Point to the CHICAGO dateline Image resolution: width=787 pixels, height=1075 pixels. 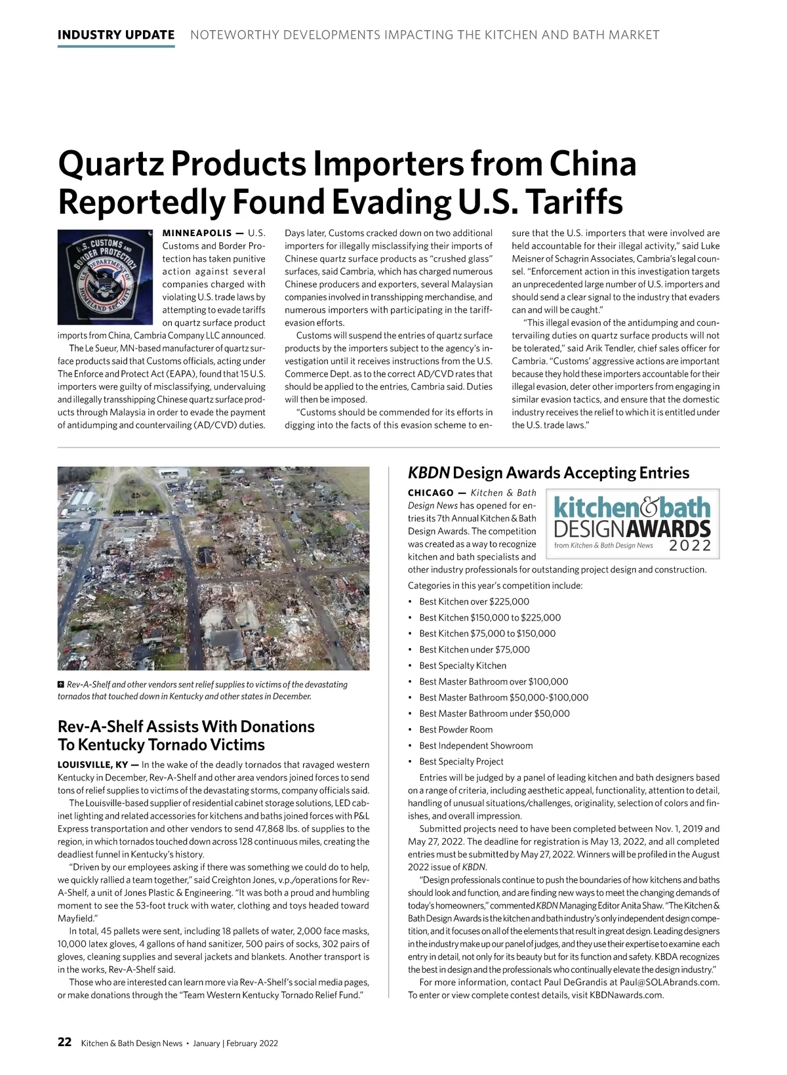pyautogui.click(x=430, y=493)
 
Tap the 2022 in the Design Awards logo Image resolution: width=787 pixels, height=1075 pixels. pyautogui.click(x=691, y=546)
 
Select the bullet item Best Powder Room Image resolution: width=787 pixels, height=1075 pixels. pyautogui.click(x=456, y=729)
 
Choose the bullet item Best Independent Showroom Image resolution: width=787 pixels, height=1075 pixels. pyautogui.click(x=476, y=746)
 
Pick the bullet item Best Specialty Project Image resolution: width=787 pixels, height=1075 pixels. pyautogui.click(x=462, y=761)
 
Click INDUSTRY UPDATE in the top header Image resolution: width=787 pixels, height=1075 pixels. pyautogui.click(x=116, y=35)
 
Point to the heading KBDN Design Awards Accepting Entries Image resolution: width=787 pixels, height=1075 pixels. pyautogui.click(x=548, y=473)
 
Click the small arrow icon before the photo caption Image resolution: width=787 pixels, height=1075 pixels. pyautogui.click(x=62, y=685)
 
